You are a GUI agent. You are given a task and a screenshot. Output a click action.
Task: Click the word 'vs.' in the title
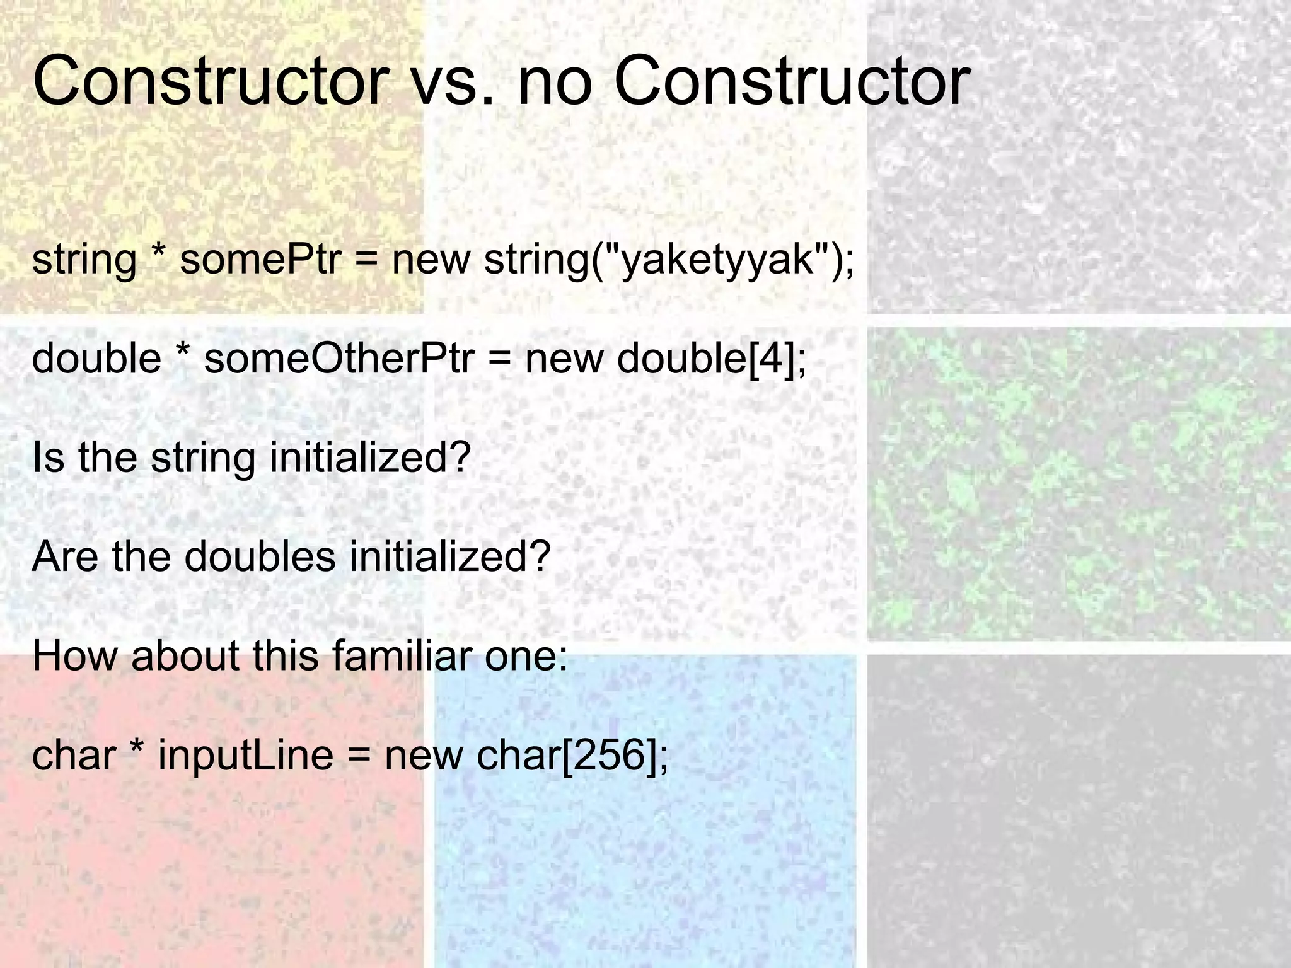click(451, 82)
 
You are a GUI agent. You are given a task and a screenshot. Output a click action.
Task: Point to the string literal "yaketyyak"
click(721, 260)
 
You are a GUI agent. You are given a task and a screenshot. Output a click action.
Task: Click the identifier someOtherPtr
click(339, 359)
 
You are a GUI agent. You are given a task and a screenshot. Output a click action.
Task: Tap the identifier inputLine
click(245, 754)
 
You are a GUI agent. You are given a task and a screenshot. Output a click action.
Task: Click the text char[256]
click(572, 754)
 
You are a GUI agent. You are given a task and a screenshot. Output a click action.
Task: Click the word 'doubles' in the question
click(260, 556)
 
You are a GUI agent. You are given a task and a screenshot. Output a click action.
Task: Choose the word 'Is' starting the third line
click(48, 458)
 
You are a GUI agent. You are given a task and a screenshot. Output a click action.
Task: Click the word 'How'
click(74, 655)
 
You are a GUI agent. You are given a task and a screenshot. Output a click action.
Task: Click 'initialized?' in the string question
click(370, 458)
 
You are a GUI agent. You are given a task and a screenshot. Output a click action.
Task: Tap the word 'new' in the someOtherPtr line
click(564, 359)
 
